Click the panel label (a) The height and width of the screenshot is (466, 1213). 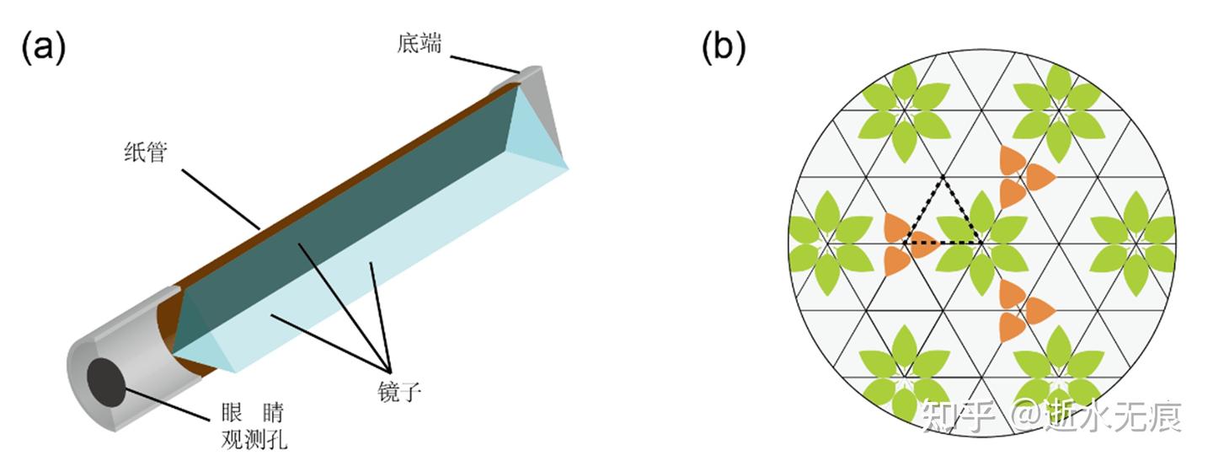tap(42, 48)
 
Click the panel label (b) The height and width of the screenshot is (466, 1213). tap(724, 48)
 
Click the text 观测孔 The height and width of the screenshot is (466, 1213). tap(254, 439)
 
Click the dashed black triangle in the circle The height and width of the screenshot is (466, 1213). tap(943, 215)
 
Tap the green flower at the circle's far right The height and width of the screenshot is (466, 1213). tap(1135, 243)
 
